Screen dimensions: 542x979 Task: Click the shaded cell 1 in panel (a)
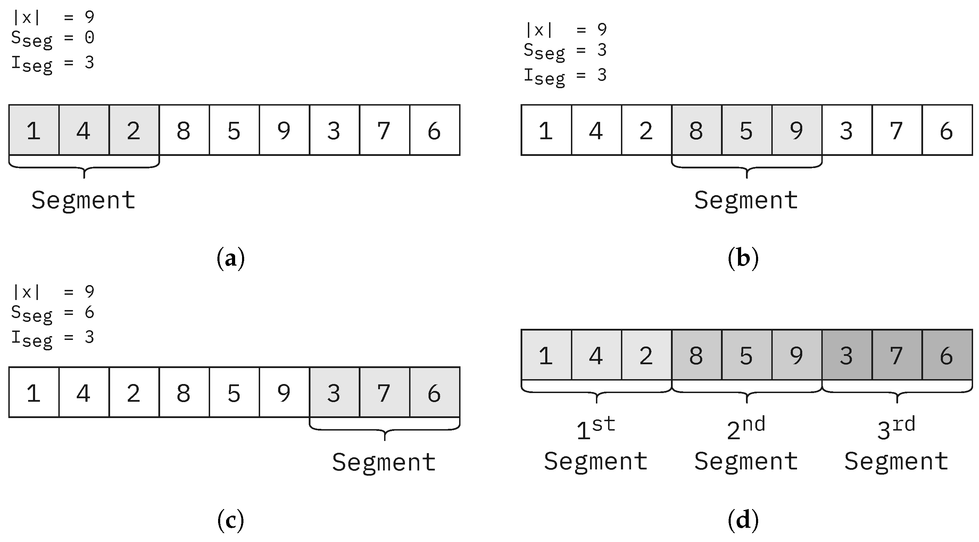34,130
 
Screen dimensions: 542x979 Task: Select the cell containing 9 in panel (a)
284,130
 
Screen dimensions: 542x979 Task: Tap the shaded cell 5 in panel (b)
746,130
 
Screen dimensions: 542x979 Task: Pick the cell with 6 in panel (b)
947,130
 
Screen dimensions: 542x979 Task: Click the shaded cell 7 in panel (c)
384,392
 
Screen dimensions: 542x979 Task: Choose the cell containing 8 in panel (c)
184,392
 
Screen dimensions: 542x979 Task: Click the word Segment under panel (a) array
83,200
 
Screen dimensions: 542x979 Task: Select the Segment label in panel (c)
384,462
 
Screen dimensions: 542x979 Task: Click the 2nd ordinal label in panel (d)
746,429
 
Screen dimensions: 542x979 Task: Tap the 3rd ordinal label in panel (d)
896,429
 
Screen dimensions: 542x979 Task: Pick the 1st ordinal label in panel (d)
596,429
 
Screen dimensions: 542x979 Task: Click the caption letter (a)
230,258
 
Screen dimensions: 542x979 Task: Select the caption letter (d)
743,520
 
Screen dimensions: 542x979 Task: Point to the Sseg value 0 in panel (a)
89,37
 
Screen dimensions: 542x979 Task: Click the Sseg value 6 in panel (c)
89,312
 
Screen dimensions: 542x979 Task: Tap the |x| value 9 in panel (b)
602,29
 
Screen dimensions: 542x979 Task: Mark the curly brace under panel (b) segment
747,168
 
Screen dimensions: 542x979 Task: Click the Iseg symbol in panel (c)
32,338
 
